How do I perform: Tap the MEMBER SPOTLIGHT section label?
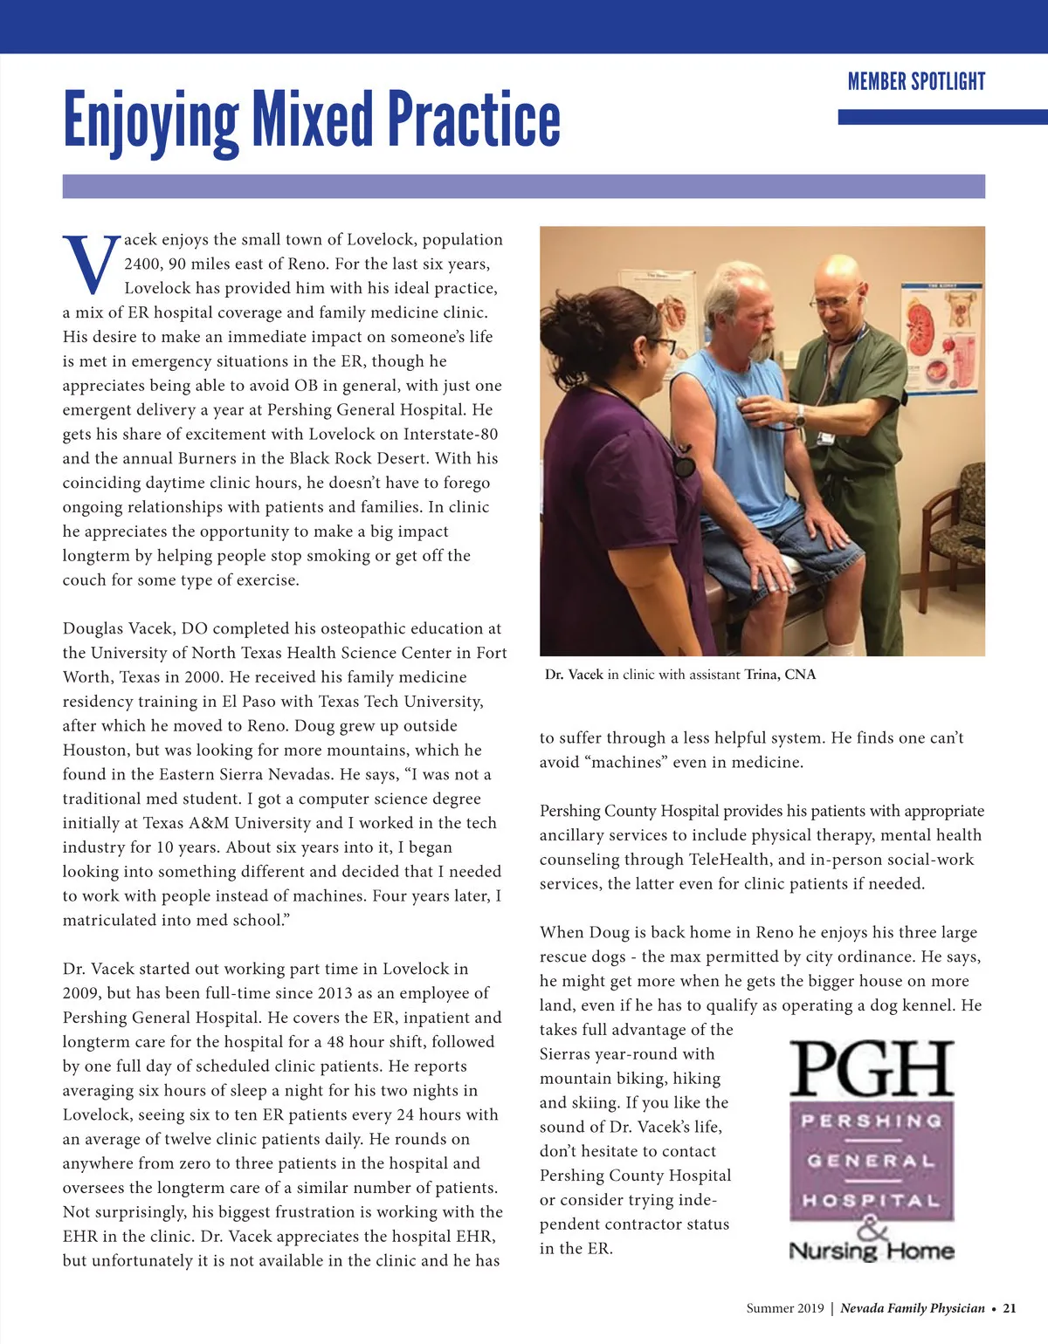[916, 82]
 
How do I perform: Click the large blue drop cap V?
[91, 264]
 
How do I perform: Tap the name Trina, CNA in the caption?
[780, 675]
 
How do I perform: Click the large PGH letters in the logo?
[872, 1070]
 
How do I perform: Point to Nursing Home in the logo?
[872, 1251]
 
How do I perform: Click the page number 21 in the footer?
[1010, 1308]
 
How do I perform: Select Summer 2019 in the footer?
[784, 1308]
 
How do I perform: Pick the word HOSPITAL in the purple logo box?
[872, 1201]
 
